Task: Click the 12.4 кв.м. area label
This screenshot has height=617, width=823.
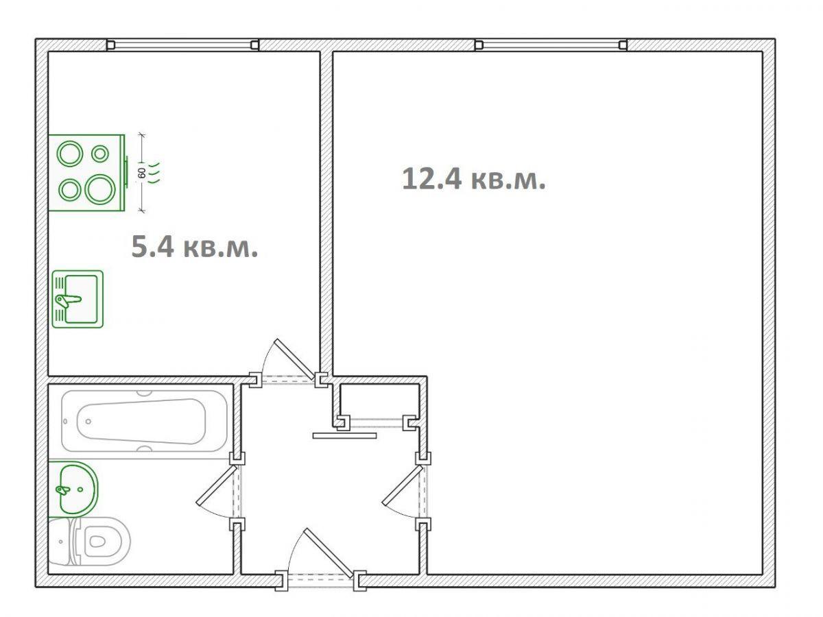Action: (x=473, y=180)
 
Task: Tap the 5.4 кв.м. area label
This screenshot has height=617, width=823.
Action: (x=195, y=247)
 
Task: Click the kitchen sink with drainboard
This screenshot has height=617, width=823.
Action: (x=77, y=300)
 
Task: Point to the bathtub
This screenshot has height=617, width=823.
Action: (x=144, y=422)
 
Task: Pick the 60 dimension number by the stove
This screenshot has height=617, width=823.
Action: (x=142, y=173)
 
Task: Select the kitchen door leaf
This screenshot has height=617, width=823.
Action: (x=294, y=359)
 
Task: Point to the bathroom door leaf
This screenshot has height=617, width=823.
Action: (x=216, y=485)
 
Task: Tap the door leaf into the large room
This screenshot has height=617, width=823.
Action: (x=403, y=485)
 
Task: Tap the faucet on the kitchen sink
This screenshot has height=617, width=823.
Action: (x=68, y=300)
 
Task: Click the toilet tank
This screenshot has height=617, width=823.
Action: (x=60, y=542)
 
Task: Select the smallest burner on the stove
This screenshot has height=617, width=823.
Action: (x=99, y=154)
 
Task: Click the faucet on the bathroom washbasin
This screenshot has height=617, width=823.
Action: (x=62, y=490)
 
